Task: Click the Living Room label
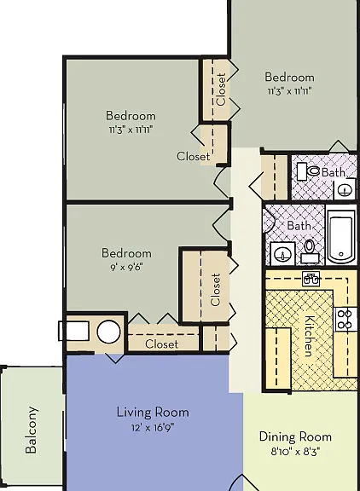[153, 412]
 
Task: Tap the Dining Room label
[295, 436]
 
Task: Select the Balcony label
[32, 430]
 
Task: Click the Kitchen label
[310, 336]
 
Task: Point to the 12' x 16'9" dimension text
[153, 427]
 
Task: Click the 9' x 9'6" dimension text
[126, 268]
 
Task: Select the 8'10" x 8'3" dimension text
[295, 452]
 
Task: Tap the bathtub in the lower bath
[341, 236]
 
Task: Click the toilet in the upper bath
[308, 171]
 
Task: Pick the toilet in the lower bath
[310, 251]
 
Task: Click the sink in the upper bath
[345, 189]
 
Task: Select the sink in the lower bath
[282, 254]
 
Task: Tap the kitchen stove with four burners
[345, 319]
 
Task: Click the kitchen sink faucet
[311, 279]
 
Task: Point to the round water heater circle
[108, 332]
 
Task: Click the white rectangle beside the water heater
[73, 331]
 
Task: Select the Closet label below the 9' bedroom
[162, 344]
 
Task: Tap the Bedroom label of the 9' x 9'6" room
[126, 253]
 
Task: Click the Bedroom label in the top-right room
[289, 78]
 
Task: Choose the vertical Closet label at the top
[221, 90]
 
